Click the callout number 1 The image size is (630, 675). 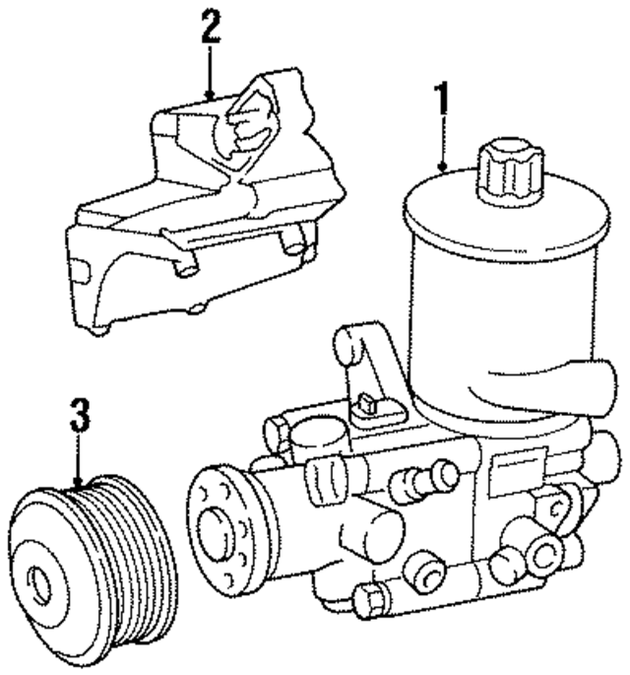click(442, 99)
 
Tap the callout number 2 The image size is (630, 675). click(209, 27)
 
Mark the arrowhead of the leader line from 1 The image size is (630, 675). click(443, 170)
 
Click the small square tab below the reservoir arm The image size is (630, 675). click(365, 403)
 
